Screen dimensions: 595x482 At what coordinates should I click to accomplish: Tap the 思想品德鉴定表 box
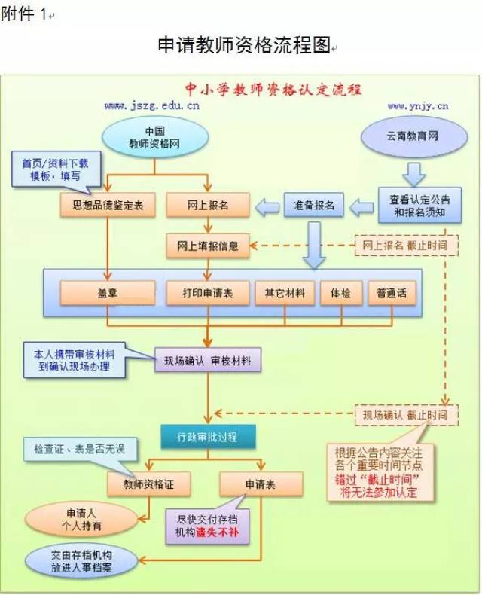pos(108,205)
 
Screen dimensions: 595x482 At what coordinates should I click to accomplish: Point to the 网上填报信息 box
pos(208,246)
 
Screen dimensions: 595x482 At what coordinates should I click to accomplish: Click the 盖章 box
pos(108,293)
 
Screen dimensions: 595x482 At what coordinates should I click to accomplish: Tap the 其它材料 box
pos(285,293)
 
